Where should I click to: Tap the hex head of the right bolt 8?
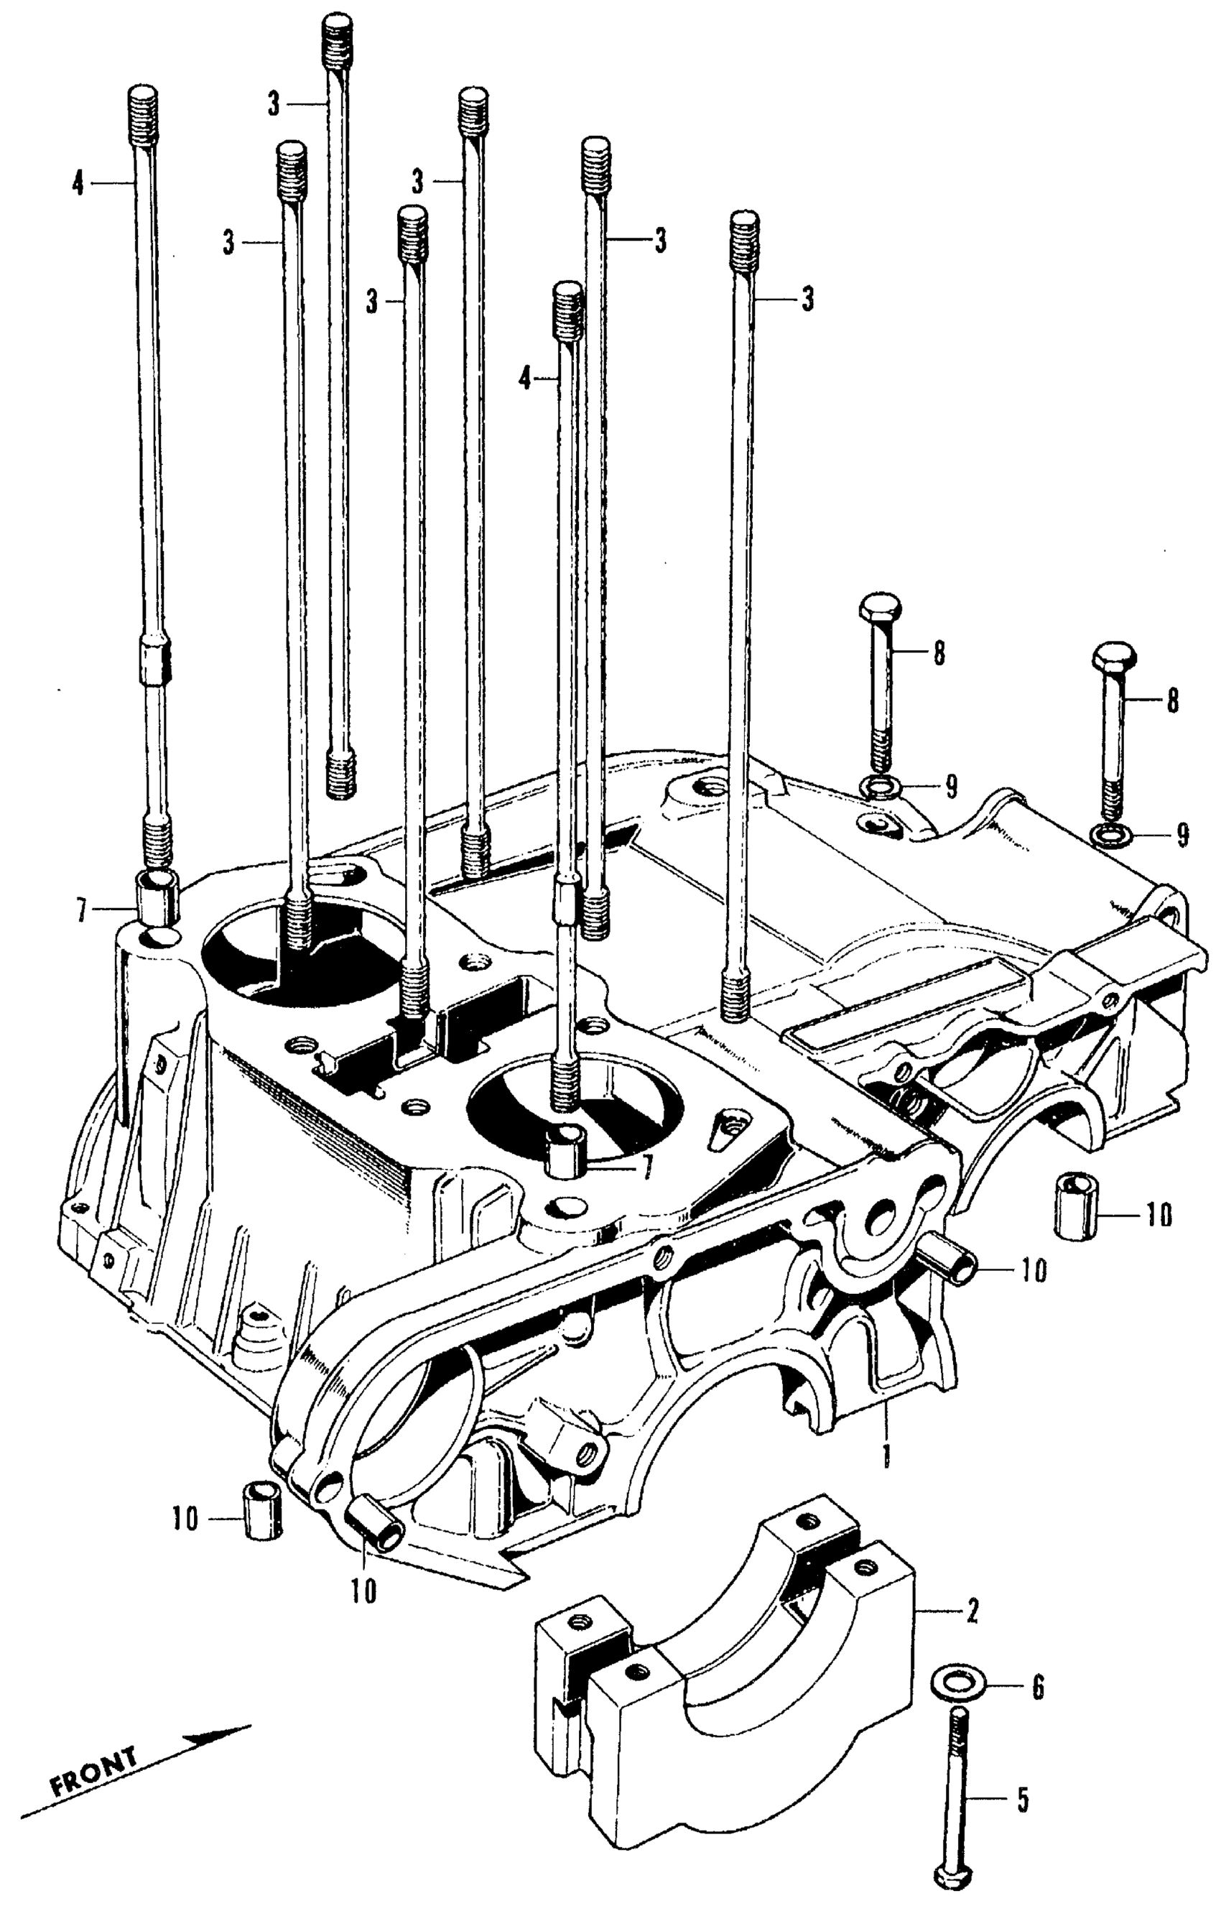(x=1114, y=655)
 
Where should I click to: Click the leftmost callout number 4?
(x=77, y=184)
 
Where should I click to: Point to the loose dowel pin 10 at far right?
(x=1074, y=1207)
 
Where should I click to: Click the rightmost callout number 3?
(x=807, y=300)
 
